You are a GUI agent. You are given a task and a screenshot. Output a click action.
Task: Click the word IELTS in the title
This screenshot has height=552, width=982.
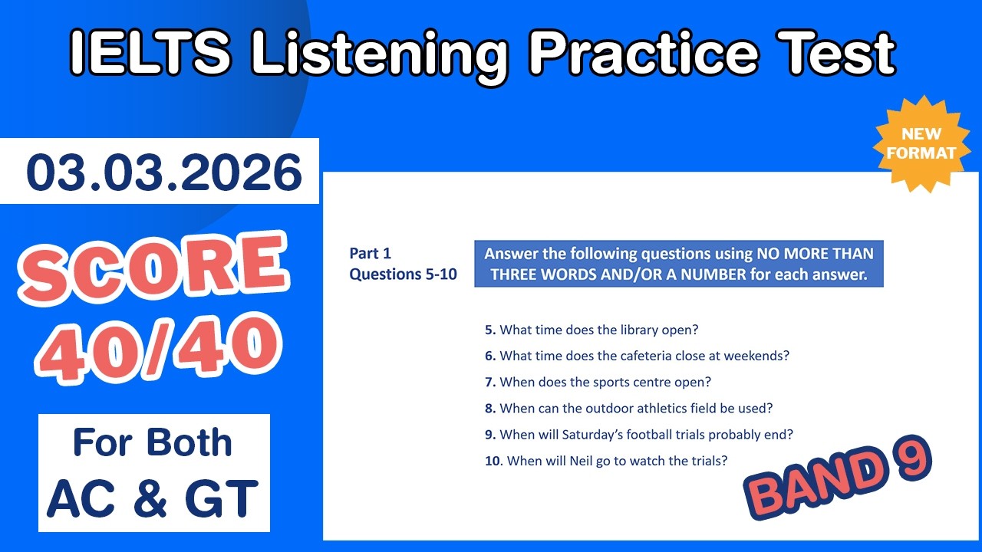[152, 53]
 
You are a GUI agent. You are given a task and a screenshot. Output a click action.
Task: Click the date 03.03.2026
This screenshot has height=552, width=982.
[164, 172]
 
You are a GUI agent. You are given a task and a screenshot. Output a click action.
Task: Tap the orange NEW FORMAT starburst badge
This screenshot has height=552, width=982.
[921, 143]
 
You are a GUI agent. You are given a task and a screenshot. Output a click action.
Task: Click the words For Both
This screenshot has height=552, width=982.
[152, 444]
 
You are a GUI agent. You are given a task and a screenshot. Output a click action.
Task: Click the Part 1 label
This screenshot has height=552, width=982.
[371, 253]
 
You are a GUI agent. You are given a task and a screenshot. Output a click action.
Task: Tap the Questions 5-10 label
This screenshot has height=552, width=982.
[403, 274]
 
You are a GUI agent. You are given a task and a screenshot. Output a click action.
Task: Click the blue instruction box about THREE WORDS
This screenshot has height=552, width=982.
[678, 264]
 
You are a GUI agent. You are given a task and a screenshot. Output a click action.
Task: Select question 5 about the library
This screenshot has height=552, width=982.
[592, 330]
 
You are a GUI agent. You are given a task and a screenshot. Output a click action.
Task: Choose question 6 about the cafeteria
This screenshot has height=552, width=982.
[637, 356]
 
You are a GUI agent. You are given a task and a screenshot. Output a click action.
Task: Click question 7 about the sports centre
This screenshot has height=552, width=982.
[598, 382]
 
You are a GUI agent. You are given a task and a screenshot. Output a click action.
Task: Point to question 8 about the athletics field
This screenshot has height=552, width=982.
[628, 408]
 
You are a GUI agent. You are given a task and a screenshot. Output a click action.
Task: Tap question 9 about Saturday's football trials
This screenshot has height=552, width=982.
[638, 434]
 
